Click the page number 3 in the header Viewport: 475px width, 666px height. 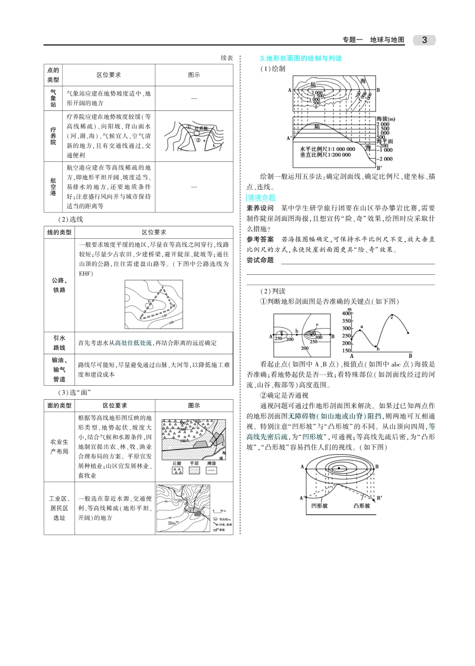(x=424, y=40)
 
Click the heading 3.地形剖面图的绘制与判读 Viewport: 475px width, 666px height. (x=300, y=58)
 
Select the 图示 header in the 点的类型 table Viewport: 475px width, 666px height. (x=194, y=75)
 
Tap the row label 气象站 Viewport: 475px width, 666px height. (x=53, y=98)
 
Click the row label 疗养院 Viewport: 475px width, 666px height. (x=53, y=136)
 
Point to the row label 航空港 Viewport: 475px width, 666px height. (x=53, y=187)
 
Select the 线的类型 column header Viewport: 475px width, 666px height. (x=59, y=232)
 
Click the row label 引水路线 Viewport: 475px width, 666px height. (x=59, y=343)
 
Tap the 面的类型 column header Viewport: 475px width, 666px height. (x=59, y=405)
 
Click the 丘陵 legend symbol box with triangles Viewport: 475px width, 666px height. (x=177, y=471)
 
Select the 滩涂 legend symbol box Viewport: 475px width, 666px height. (x=211, y=471)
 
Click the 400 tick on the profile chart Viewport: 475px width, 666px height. (x=346, y=314)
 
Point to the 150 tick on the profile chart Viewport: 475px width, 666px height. (x=346, y=351)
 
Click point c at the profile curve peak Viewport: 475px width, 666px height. (x=391, y=316)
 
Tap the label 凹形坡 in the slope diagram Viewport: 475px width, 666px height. (x=319, y=506)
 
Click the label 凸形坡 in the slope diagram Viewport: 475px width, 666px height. (x=362, y=506)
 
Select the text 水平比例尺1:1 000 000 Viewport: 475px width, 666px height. (x=327, y=149)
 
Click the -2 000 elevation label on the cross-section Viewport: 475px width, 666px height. (x=385, y=159)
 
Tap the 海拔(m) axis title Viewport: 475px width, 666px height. (x=385, y=119)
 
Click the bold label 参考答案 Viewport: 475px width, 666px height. (x=260, y=239)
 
